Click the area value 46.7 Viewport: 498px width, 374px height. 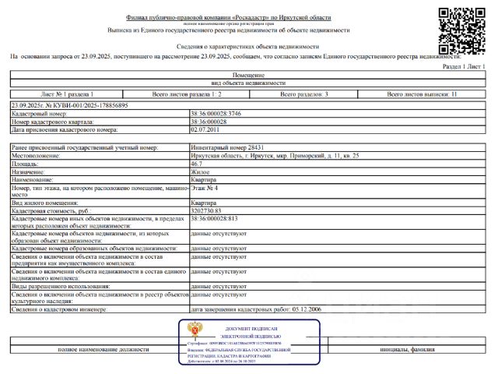click(198, 164)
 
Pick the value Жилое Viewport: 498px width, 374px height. click(199, 172)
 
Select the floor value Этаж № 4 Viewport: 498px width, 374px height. click(204, 188)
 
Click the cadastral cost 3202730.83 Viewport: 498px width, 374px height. click(206, 210)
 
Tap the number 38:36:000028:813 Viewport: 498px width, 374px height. click(213, 218)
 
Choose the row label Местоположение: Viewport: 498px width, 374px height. click(36, 156)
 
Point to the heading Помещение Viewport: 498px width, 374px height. click(248, 74)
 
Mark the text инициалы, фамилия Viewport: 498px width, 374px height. click(407, 349)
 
